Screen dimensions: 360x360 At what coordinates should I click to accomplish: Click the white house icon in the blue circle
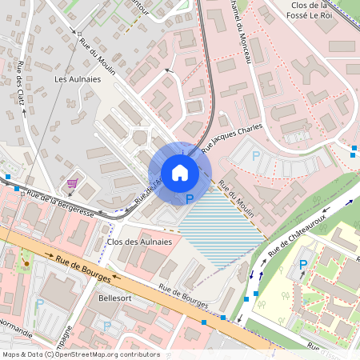180,172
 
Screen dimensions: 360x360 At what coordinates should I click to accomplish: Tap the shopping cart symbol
73,183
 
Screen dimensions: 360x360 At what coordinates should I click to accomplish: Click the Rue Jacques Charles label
231,137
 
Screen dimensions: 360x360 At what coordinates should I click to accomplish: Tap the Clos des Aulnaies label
139,241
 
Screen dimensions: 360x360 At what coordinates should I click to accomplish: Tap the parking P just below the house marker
190,198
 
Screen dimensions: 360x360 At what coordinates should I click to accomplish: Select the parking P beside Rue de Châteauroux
304,265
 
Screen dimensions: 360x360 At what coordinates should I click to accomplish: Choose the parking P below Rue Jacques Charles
256,157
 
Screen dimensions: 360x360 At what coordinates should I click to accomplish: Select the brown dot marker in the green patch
26,263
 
